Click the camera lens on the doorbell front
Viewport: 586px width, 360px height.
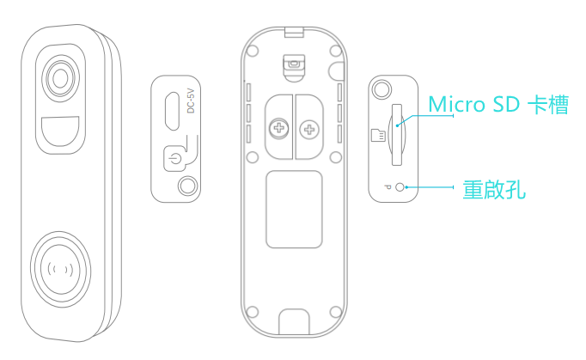[60, 78]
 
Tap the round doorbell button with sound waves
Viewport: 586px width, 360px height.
[60, 269]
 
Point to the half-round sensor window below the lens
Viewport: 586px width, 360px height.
[60, 131]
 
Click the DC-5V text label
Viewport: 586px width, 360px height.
[191, 101]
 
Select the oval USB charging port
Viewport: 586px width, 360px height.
[173, 111]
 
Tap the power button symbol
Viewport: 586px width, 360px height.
[174, 159]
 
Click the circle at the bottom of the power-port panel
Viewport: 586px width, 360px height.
[187, 186]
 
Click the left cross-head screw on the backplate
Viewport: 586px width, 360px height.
[279, 129]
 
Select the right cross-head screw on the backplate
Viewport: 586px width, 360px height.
[309, 130]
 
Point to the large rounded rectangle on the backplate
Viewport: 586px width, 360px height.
[294, 210]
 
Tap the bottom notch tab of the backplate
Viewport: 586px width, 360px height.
[294, 321]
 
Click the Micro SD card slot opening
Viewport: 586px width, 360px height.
[396, 135]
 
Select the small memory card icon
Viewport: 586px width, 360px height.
[378, 135]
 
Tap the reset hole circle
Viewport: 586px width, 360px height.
[400, 187]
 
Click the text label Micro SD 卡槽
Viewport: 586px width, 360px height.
[498, 104]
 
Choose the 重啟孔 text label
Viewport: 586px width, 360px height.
[494, 190]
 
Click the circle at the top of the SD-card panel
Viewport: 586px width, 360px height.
[382, 89]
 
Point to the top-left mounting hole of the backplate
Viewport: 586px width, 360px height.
[253, 51]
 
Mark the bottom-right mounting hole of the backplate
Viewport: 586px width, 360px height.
[336, 312]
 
